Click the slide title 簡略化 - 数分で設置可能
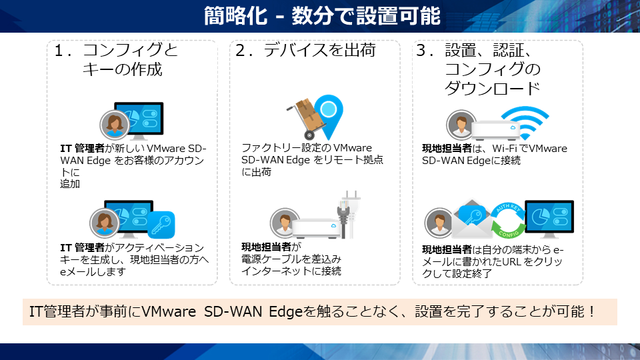coord(322,16)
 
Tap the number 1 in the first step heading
coord(59,51)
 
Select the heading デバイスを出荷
coord(319,50)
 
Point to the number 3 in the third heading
coord(421,51)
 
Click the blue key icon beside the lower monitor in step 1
coord(161,225)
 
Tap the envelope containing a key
coord(472,219)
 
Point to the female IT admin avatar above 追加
coord(115,125)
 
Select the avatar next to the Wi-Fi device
coord(461,125)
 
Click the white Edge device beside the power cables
coord(317,228)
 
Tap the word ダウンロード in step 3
coord(492,88)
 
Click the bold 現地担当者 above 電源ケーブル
coord(267,247)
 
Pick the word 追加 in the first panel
coord(70,184)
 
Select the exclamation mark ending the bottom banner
coord(592,312)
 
